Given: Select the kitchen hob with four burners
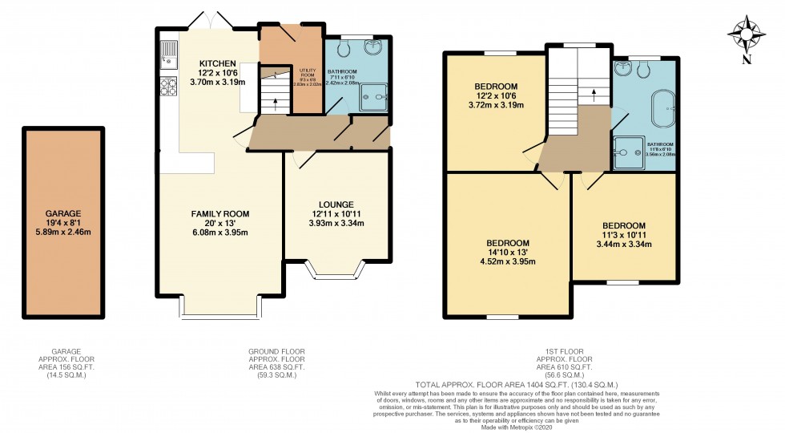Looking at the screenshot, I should (169, 86).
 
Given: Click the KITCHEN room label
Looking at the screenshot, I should (217, 63).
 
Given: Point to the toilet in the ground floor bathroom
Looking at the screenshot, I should (344, 49).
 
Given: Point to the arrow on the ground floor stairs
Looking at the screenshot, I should (274, 102).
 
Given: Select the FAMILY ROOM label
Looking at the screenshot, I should (219, 214).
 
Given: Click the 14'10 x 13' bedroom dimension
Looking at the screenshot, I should (507, 253).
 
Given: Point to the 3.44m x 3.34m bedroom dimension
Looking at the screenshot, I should (624, 244).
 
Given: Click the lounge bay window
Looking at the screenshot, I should (336, 273).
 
